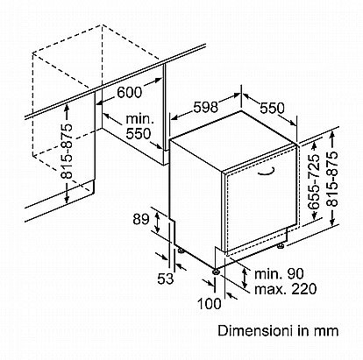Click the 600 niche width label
(x=129, y=92)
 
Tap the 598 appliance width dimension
(x=205, y=107)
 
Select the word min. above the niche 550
(x=139, y=119)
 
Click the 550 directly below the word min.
(x=139, y=134)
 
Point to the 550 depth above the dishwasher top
(x=272, y=108)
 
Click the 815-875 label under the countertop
(x=67, y=151)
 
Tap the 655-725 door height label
(x=314, y=181)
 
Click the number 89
(x=141, y=219)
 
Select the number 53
(x=166, y=279)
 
